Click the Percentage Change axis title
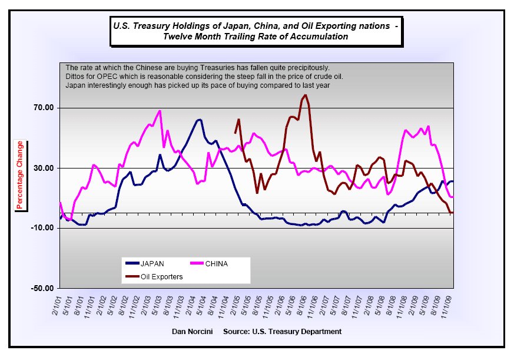click(20, 175)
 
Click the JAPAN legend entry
click(152, 263)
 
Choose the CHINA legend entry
click(216, 263)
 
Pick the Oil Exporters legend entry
click(161, 276)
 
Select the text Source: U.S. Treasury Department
click(283, 332)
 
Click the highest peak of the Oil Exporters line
click(305, 95)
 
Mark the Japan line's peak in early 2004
click(200, 120)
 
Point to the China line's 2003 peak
click(160, 111)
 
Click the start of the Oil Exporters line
click(235, 133)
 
